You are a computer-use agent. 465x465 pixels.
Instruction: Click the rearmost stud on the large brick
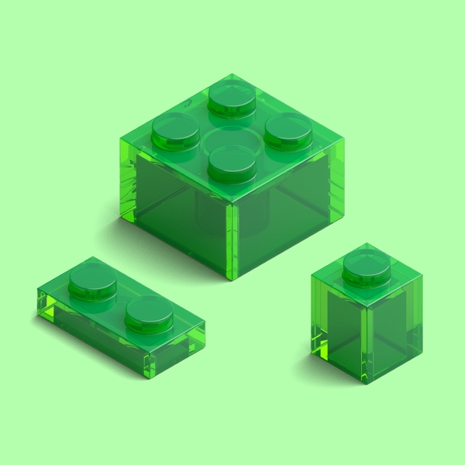click(232, 97)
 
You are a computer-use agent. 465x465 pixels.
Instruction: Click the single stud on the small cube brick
click(367, 266)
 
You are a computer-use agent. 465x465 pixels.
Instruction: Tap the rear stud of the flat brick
click(92, 281)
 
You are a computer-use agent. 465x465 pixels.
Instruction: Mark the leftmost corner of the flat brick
click(39, 304)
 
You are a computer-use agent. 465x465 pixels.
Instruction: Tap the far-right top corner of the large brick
click(345, 142)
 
